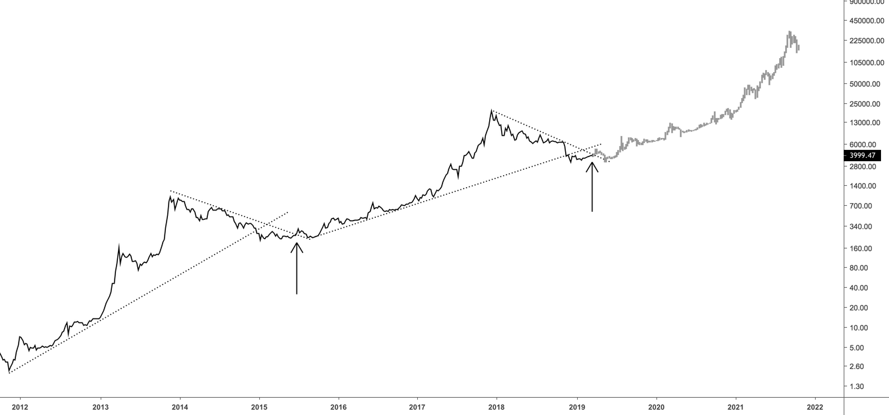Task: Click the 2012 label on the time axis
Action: [x=21, y=406]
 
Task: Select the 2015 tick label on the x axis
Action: [x=259, y=406]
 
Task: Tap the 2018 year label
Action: [x=496, y=406]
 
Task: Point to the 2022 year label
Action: [x=814, y=406]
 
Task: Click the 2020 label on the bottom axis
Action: [x=656, y=406]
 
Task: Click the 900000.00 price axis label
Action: [x=867, y=2]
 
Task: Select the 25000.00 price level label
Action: [x=867, y=104]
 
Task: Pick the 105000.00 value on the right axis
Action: [x=867, y=63]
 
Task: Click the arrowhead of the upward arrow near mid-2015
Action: [x=297, y=244]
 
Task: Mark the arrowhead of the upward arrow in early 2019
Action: [x=592, y=163]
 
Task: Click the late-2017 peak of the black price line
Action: [x=492, y=111]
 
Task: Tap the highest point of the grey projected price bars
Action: [x=789, y=32]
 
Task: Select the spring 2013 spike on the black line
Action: [x=119, y=246]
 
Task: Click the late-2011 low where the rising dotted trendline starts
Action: [x=9, y=372]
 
